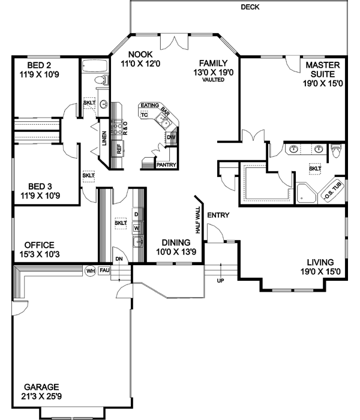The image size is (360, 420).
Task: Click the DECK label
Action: (250, 7)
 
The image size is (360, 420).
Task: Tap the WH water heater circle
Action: (91, 271)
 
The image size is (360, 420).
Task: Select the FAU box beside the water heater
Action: (104, 271)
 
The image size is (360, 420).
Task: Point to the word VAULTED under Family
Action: (213, 80)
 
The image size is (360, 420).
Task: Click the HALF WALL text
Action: (197, 221)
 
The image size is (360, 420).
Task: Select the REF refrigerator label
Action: (119, 149)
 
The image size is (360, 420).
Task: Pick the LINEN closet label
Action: (104, 139)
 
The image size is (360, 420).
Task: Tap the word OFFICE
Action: (40, 245)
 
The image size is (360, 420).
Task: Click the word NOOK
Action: (132, 53)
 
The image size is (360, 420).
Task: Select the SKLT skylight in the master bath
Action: (315, 169)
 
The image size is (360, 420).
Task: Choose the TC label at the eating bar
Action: (144, 114)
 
